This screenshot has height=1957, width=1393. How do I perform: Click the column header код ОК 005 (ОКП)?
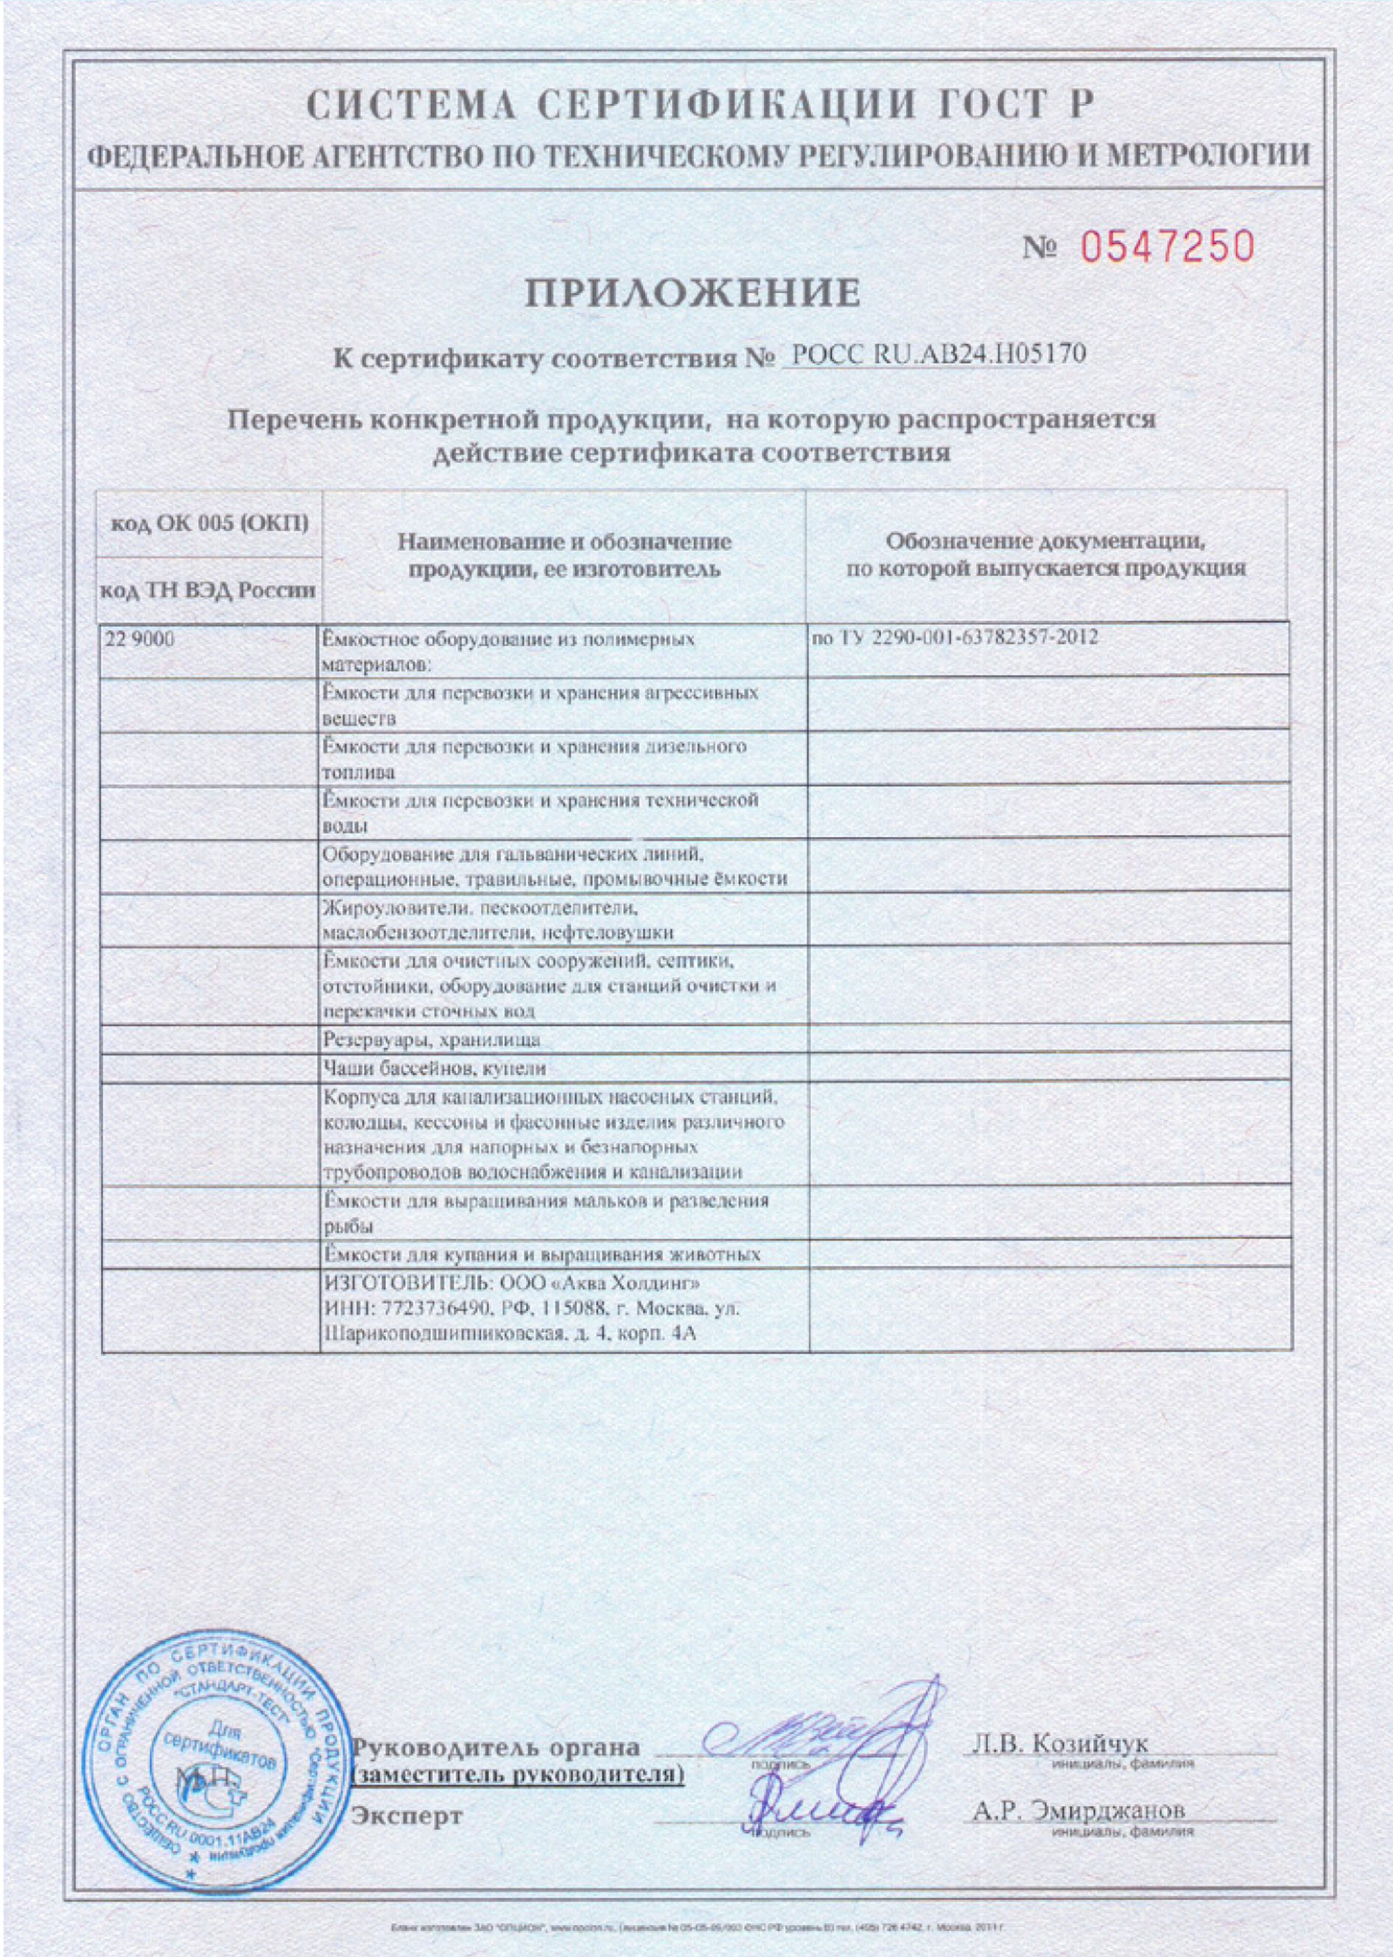pyautogui.click(x=210, y=524)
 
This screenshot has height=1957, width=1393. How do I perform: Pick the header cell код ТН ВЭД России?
pyautogui.click(x=208, y=591)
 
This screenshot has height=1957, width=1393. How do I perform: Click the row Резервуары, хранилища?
pyautogui.click(x=432, y=1040)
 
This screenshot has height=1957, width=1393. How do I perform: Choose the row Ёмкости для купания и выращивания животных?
pyautogui.click(x=542, y=1254)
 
